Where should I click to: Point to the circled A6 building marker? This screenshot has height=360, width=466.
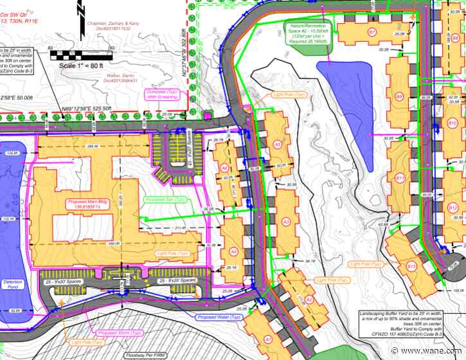224,168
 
